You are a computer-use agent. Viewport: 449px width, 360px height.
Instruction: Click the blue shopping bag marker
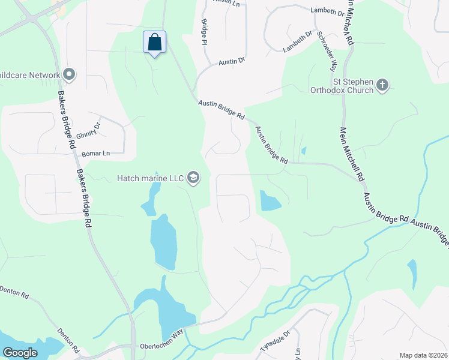point(154,43)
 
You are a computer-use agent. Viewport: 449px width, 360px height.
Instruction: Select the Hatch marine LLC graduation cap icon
point(193,178)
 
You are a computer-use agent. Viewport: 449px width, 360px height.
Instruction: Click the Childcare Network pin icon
point(68,75)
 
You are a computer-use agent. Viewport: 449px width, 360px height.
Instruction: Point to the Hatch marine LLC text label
point(151,178)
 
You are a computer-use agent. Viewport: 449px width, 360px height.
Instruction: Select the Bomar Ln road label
point(96,154)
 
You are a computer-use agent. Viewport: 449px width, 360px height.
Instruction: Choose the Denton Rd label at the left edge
point(13,293)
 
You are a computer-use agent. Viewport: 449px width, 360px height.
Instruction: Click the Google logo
point(20,353)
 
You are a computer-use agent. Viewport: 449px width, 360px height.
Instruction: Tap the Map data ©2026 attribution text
point(423,355)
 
